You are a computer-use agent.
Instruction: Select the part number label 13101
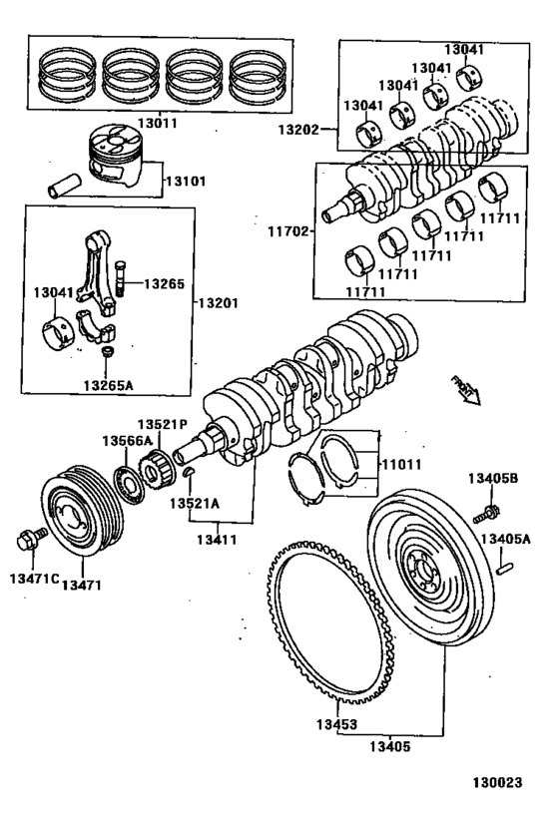tap(185, 182)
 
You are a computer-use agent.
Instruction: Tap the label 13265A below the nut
tap(108, 385)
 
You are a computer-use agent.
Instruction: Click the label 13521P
tap(163, 423)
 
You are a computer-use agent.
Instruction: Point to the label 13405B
tap(492, 478)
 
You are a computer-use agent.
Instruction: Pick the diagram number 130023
tap(496, 784)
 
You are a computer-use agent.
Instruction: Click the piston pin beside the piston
tap(63, 186)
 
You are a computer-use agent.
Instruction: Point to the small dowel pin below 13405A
tap(507, 569)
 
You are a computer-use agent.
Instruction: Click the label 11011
tap(400, 463)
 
